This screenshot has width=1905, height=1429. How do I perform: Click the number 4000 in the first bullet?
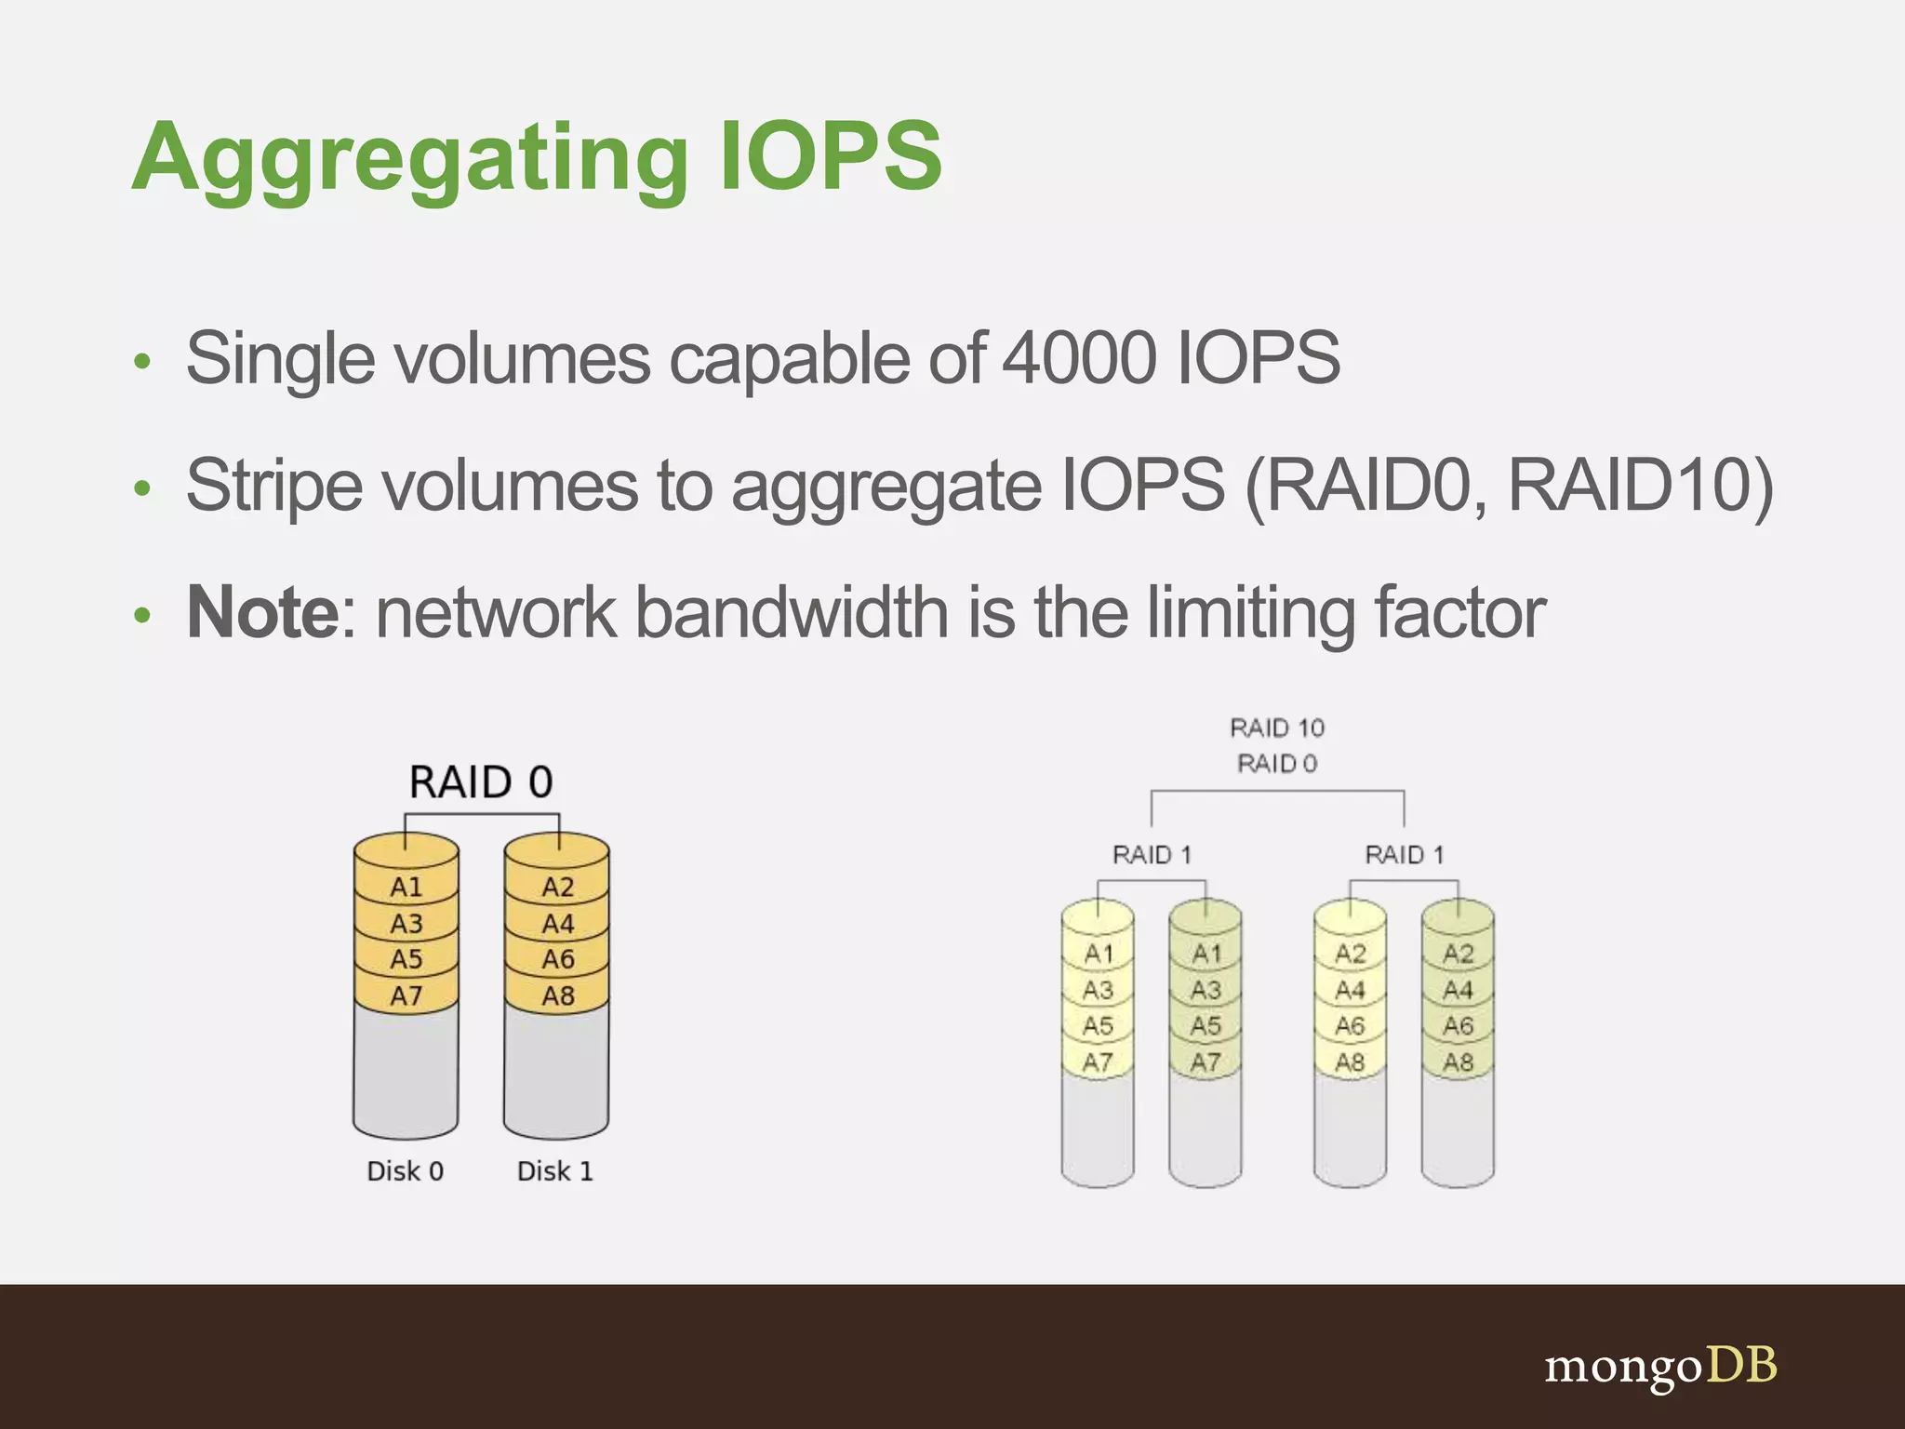(1079, 358)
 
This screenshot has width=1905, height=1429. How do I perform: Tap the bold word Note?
(263, 612)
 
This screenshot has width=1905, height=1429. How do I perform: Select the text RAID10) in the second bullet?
(1640, 485)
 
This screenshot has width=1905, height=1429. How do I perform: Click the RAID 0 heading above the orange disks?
(481, 782)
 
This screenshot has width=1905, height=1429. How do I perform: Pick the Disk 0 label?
(405, 1171)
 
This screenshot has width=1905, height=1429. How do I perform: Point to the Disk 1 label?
(554, 1171)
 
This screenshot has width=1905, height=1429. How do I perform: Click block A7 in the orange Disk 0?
(406, 996)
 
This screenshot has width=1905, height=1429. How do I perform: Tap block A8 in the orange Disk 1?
(558, 996)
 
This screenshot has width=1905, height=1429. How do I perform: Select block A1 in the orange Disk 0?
(406, 887)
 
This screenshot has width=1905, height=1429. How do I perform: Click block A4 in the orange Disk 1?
(558, 924)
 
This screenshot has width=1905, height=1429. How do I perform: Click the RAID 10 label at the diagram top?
(1277, 728)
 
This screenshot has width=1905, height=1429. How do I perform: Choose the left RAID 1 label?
(1152, 855)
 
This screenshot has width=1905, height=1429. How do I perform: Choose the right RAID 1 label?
(1404, 855)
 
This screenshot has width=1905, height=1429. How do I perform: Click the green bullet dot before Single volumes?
(141, 362)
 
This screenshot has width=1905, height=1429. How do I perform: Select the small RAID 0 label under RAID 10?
(1277, 764)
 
